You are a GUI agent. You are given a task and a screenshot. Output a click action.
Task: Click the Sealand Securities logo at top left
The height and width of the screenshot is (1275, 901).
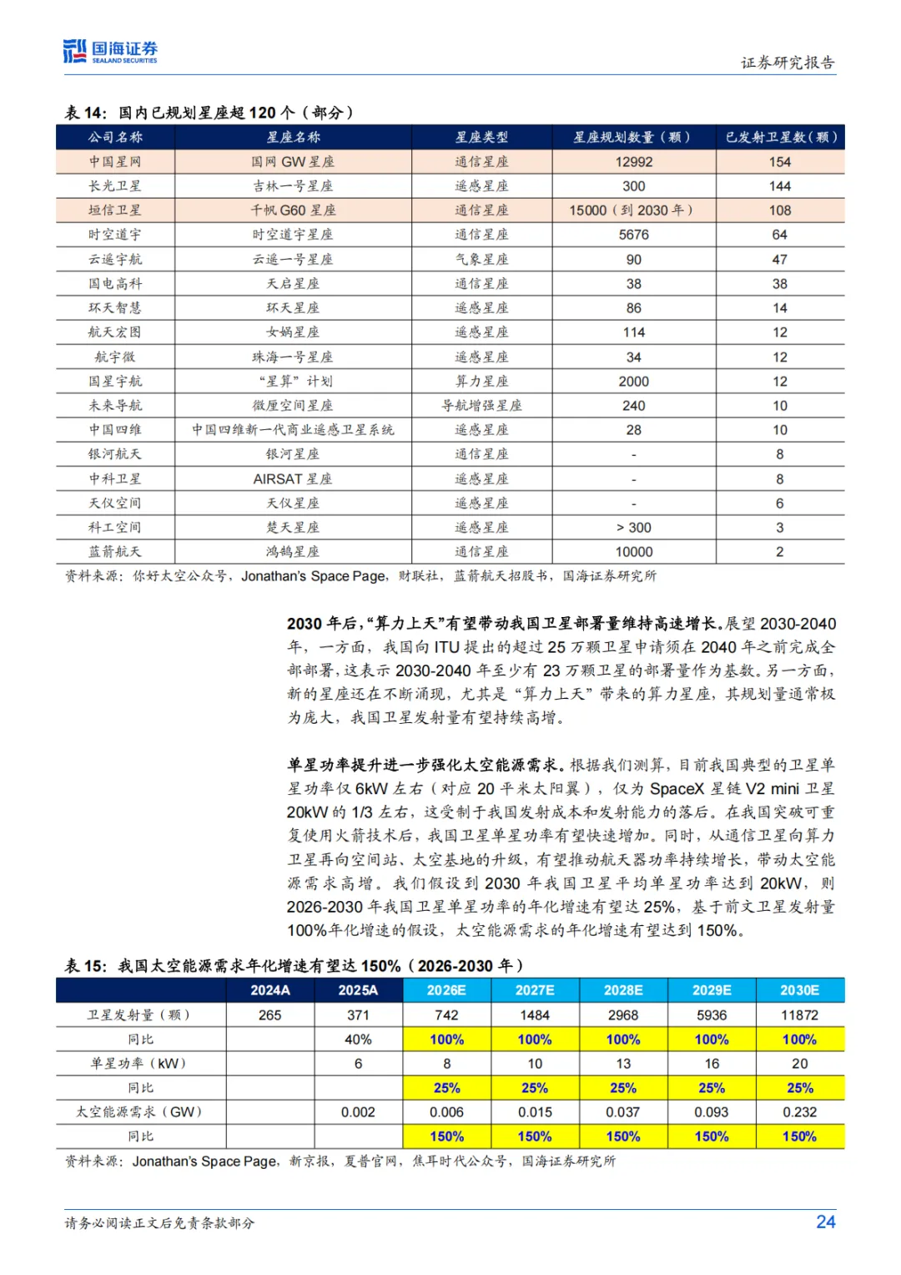[x=110, y=52]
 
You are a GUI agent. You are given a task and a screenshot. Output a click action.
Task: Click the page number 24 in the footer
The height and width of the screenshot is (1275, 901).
[x=825, y=1222]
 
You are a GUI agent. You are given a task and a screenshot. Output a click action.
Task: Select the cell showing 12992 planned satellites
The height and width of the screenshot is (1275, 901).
[x=633, y=162]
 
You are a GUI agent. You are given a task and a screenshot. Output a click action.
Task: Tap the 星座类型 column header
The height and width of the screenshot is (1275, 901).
[x=481, y=137]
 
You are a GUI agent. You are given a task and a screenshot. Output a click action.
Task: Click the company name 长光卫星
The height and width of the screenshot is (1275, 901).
[x=115, y=186]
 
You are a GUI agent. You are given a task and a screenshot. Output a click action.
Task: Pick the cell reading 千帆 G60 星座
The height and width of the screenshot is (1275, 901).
[x=293, y=210]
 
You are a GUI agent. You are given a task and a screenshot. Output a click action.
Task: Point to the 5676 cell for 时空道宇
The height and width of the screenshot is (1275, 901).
[x=633, y=235]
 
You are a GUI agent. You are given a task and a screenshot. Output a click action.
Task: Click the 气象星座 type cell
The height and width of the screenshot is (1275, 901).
[x=481, y=260]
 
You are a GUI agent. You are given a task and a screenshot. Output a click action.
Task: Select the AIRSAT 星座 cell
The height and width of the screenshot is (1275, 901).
[x=293, y=479]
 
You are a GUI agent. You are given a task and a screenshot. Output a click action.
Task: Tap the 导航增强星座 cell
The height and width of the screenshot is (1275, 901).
[x=481, y=406]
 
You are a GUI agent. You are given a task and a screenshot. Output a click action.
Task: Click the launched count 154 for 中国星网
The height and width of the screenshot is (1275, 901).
[x=779, y=162]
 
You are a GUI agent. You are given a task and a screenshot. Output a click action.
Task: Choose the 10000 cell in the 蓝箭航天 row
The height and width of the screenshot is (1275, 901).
[x=633, y=552]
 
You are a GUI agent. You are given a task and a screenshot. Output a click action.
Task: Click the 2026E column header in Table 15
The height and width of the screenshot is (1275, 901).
[x=446, y=990]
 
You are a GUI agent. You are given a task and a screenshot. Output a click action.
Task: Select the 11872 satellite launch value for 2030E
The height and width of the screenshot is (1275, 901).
[x=799, y=1015]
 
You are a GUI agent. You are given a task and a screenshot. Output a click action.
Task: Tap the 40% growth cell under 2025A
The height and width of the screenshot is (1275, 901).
[x=358, y=1040]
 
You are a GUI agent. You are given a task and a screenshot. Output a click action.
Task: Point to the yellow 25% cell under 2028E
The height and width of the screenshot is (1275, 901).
[x=623, y=1088]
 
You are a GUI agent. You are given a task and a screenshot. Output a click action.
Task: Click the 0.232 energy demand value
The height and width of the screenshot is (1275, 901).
[x=799, y=1112]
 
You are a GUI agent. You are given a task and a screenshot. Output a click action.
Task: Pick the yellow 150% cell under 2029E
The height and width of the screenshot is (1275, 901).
[x=712, y=1136]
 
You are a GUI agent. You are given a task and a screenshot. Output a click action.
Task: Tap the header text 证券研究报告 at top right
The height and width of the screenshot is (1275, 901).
[x=787, y=63]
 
